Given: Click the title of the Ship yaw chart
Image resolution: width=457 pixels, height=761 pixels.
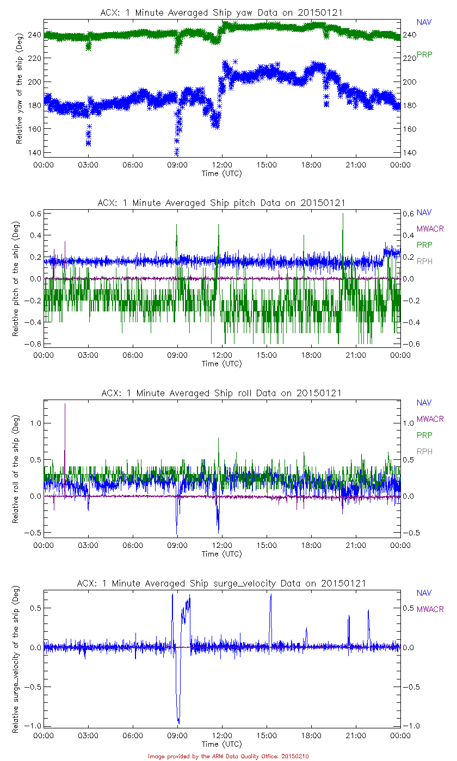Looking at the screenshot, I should [x=221, y=13].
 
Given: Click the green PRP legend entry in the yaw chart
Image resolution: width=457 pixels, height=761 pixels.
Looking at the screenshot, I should [x=424, y=54].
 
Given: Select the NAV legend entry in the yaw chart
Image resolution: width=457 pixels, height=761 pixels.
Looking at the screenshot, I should [x=424, y=22].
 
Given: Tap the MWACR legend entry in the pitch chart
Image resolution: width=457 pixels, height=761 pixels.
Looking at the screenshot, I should [x=430, y=229].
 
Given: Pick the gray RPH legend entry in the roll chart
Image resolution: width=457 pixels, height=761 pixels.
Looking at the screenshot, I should [x=424, y=452].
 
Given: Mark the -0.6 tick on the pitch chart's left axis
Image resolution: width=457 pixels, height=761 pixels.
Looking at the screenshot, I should [x=33, y=344].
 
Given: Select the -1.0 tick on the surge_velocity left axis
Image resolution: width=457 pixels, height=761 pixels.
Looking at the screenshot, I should [x=33, y=726].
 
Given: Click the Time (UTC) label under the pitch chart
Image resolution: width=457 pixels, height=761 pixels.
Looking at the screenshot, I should [x=222, y=364].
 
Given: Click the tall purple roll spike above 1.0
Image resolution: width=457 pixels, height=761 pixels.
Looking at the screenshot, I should [x=65, y=405].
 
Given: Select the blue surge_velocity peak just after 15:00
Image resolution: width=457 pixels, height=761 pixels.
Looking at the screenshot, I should [x=270, y=595].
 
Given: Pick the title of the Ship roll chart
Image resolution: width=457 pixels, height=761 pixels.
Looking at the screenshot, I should [x=221, y=393].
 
